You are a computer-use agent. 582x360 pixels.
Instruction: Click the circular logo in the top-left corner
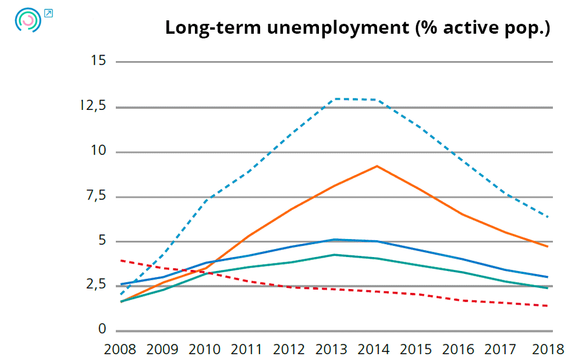click(28, 21)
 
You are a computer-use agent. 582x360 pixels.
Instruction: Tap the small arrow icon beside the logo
click(48, 13)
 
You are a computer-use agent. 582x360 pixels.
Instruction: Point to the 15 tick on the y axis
click(98, 60)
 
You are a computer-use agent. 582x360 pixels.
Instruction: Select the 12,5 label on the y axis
click(93, 106)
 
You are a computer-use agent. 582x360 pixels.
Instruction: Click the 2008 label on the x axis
click(120, 349)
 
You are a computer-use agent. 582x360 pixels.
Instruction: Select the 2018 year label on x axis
click(548, 349)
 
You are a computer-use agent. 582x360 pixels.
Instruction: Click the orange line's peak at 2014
click(377, 166)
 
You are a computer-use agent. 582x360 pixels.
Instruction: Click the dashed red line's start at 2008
click(120, 261)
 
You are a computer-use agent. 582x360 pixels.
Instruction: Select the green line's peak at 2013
click(334, 255)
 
